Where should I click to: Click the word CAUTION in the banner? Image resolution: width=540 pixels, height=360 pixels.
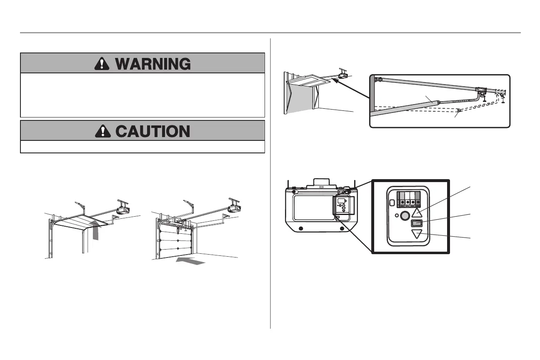[x=152, y=131]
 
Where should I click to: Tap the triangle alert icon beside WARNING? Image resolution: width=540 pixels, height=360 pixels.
[x=102, y=63]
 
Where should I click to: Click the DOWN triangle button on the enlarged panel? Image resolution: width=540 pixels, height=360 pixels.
[x=417, y=234]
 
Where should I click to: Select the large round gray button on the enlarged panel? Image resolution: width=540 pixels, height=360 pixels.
[x=404, y=217]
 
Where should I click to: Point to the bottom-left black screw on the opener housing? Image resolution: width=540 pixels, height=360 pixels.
[x=301, y=228]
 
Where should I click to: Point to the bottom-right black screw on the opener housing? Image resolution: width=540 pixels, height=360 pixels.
[x=342, y=228]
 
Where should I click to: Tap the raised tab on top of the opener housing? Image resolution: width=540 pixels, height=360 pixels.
[x=322, y=183]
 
